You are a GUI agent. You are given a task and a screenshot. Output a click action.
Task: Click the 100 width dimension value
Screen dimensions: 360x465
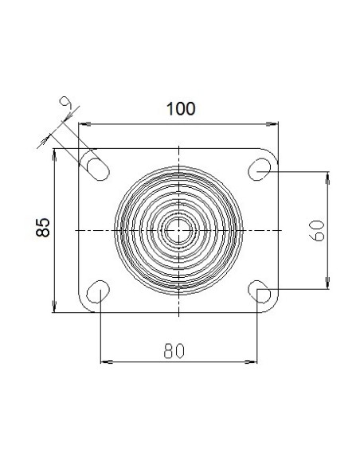(181, 109)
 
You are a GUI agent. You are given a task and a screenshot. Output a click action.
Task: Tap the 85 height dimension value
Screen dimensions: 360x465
(43, 228)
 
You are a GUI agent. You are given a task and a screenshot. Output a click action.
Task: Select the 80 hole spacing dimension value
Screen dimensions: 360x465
(174, 350)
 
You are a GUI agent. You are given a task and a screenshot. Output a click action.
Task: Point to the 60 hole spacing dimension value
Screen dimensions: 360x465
(317, 230)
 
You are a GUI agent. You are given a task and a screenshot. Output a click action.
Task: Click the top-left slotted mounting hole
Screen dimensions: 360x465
(98, 170)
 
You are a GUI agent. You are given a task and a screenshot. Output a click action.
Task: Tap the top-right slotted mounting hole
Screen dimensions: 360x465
(259, 170)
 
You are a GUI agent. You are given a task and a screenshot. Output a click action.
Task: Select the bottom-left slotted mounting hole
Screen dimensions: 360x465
(98, 291)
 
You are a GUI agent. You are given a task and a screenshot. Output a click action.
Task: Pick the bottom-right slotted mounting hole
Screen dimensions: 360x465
(259, 291)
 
